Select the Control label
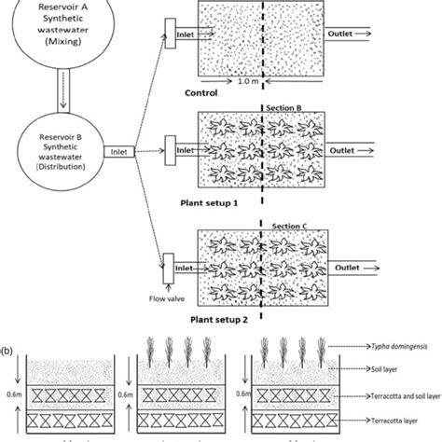pos(201,92)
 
